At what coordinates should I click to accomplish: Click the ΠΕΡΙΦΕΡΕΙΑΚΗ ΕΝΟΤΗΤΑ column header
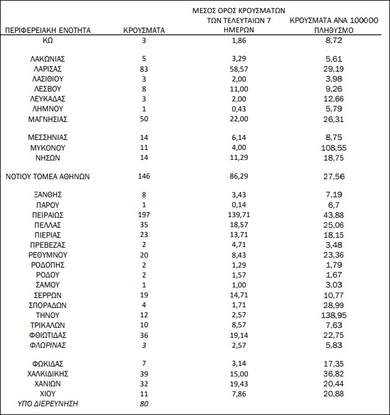tap(48, 30)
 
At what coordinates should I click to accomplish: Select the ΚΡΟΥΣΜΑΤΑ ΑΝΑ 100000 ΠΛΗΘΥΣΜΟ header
tap(333, 25)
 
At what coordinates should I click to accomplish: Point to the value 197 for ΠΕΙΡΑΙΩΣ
tap(143, 215)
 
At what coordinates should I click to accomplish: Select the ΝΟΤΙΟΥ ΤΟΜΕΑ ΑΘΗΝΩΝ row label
tap(48, 176)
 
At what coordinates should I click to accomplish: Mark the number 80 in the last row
tap(143, 403)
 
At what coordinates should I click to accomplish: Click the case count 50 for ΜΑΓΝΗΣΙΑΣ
tap(143, 119)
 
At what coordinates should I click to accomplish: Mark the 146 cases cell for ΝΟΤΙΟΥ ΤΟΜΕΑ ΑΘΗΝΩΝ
tap(143, 176)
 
